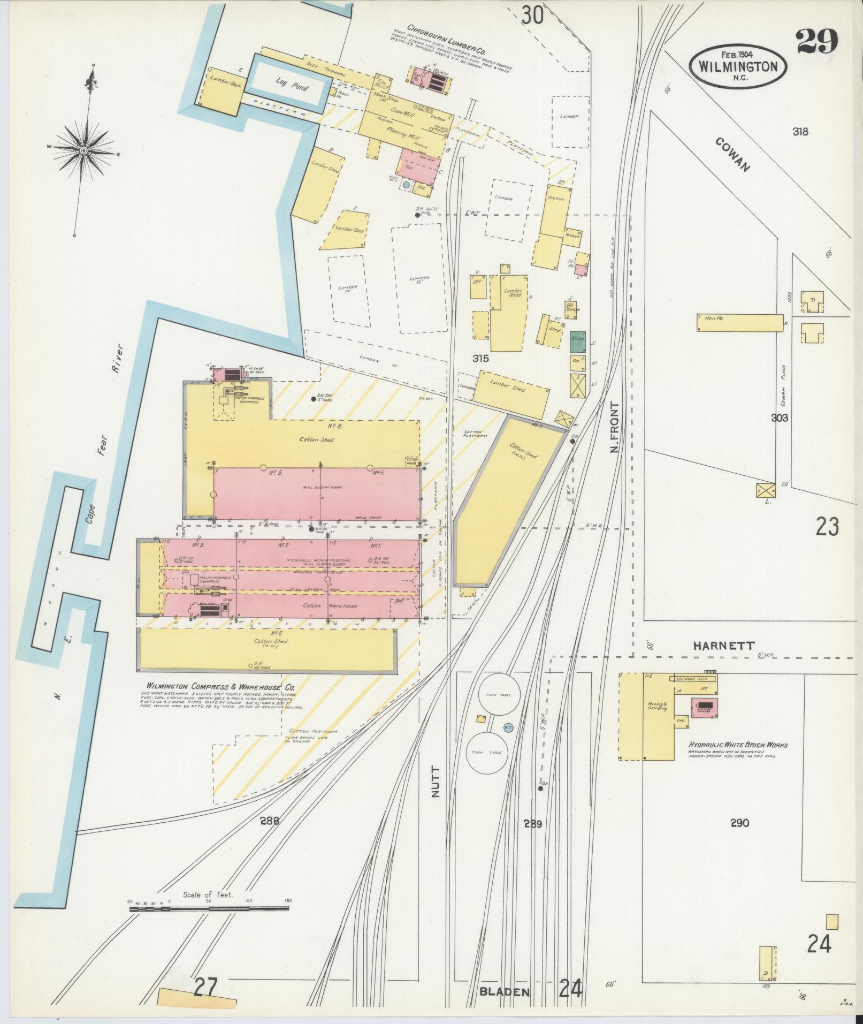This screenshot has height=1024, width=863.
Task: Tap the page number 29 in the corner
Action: click(x=816, y=41)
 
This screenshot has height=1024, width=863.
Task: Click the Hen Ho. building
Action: click(x=739, y=322)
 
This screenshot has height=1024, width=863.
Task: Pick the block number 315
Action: click(x=481, y=358)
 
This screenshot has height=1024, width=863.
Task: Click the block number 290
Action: click(x=739, y=838)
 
